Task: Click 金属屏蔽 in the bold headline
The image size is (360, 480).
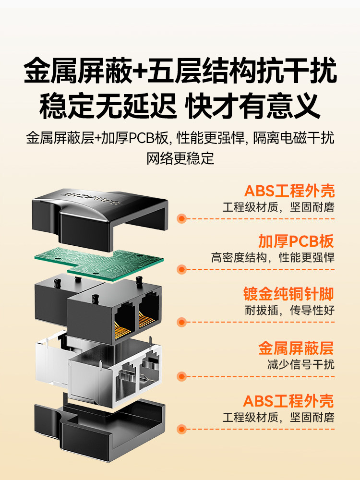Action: (x=78, y=71)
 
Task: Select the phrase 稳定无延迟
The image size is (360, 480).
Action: (x=108, y=107)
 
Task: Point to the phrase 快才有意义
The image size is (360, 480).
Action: (x=254, y=107)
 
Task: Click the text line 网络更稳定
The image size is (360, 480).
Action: (x=180, y=158)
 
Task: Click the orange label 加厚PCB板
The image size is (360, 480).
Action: (x=296, y=241)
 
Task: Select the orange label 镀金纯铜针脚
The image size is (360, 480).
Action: (x=288, y=294)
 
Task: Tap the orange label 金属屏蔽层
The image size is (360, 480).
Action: (x=296, y=348)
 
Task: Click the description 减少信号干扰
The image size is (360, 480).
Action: (x=300, y=364)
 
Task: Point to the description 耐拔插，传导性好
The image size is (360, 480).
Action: (x=289, y=310)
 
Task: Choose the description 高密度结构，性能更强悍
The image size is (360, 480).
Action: (x=273, y=257)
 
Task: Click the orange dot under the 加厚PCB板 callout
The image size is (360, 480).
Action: (x=182, y=269)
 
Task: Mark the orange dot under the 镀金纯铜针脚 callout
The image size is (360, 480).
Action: (x=182, y=322)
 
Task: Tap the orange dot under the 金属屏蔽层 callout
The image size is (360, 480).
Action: (x=182, y=376)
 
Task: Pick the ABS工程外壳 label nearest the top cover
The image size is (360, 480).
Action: (x=289, y=191)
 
